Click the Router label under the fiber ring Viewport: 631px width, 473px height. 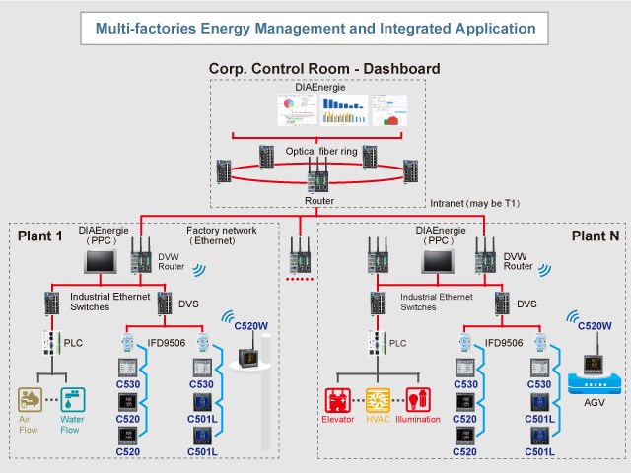[320, 200]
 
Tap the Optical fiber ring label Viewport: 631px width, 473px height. [320, 151]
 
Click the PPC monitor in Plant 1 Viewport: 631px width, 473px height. [102, 260]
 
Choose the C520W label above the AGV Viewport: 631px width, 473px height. [594, 325]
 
